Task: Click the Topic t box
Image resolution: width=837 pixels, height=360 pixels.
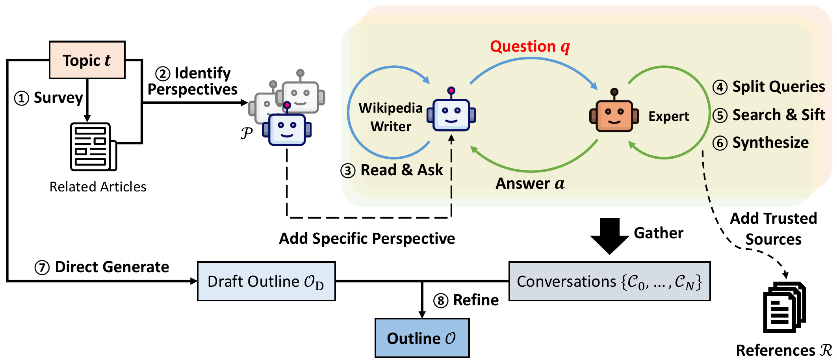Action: coord(87,60)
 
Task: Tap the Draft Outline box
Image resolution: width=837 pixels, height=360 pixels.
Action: coord(266,281)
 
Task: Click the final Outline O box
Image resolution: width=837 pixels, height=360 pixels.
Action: coord(422,338)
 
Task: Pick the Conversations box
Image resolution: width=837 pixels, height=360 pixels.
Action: coord(609,281)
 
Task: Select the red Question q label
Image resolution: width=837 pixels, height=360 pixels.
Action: coord(530,46)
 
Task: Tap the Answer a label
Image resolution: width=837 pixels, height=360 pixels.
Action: coord(530,184)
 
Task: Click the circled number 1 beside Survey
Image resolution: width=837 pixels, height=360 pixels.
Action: coord(22,98)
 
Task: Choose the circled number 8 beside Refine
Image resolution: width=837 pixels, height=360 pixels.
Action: coord(441,301)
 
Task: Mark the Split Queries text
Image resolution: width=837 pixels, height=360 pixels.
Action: coord(778,87)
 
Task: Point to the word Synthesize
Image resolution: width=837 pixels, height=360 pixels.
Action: coord(770,143)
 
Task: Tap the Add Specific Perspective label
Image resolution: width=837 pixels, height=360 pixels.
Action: coord(367,239)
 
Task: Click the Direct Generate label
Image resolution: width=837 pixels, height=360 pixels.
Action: coord(112,267)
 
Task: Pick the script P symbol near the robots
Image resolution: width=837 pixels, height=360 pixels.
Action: coord(247,133)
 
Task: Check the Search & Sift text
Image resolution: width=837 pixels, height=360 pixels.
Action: coord(778,115)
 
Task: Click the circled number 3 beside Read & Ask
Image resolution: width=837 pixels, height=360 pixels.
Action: coord(348,171)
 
